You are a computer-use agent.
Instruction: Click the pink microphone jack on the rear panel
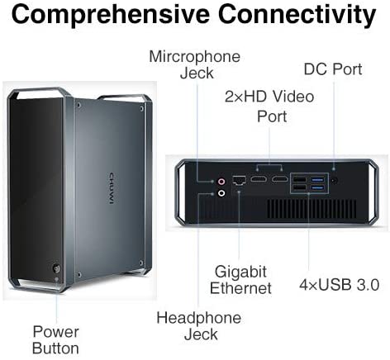coord(221,182)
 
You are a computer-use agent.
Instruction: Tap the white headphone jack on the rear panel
coord(221,193)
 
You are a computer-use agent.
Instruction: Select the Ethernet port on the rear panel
coord(239,180)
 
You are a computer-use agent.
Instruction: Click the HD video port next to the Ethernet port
coord(259,179)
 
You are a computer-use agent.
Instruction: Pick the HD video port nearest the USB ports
coord(280,179)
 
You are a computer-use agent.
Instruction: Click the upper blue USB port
coord(318,180)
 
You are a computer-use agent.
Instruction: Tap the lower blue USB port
coord(318,188)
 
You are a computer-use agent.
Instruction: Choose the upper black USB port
coord(299,180)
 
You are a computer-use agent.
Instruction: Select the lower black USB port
coord(299,188)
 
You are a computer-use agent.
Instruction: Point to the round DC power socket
coord(335,181)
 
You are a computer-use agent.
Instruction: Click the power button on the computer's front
coord(56,268)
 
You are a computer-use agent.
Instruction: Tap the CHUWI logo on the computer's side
coord(112,188)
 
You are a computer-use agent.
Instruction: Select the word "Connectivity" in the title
coord(297,15)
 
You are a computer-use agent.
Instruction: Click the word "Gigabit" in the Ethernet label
coord(240,272)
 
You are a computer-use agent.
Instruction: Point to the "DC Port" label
coord(333,69)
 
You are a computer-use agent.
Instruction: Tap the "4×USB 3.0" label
coord(340,285)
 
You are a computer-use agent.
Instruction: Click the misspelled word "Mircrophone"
coord(194,58)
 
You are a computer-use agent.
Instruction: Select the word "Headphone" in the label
coord(199,318)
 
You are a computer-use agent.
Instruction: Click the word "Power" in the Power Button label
coord(56,332)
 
